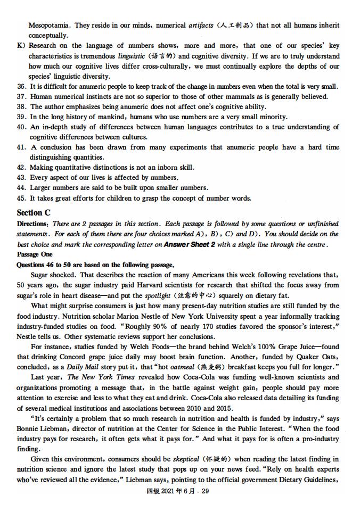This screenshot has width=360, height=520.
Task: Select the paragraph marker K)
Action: pyautogui.click(x=22, y=46)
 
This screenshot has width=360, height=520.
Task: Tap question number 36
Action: pyautogui.click(x=22, y=86)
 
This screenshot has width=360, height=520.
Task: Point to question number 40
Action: pyautogui.click(x=22, y=127)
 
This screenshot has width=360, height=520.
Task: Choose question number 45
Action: pyautogui.click(x=22, y=198)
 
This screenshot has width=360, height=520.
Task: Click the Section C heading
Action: pyautogui.click(x=34, y=212)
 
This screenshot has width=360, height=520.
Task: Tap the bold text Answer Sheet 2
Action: pyautogui.click(x=190, y=244)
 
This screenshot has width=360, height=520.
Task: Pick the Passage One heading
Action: pyautogui.click(x=35, y=254)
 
